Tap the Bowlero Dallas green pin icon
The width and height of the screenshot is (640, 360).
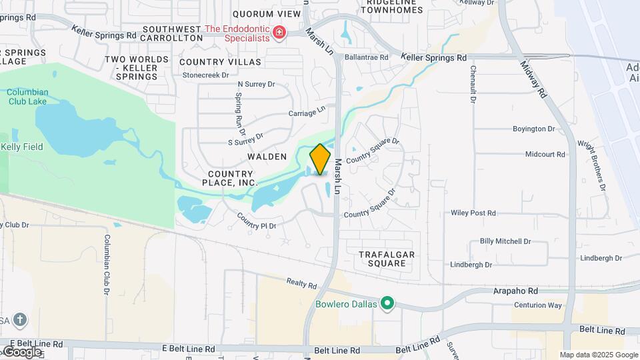coord(387,304)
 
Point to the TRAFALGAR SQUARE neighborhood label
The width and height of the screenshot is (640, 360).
coord(387,259)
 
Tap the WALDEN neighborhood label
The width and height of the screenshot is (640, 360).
coord(267,157)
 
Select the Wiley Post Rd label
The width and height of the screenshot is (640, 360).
coord(473,213)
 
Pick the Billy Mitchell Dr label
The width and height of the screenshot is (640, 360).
coord(505,241)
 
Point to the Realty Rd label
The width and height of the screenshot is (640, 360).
coord(301,284)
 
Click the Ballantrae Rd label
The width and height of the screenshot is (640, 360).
coord(367,57)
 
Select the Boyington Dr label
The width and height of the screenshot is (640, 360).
coord(533,129)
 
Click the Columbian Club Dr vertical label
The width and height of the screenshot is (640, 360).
coord(106,265)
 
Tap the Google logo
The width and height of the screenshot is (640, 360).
coord(22,351)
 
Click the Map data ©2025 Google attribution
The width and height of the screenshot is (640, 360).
coord(599,355)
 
